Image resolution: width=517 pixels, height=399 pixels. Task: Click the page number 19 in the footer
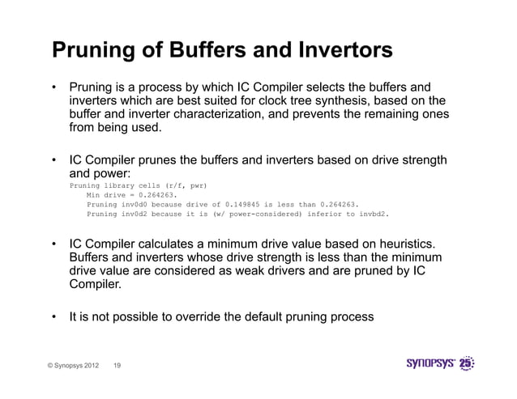click(x=118, y=365)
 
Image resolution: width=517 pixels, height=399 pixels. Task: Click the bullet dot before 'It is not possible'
click(x=54, y=317)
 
